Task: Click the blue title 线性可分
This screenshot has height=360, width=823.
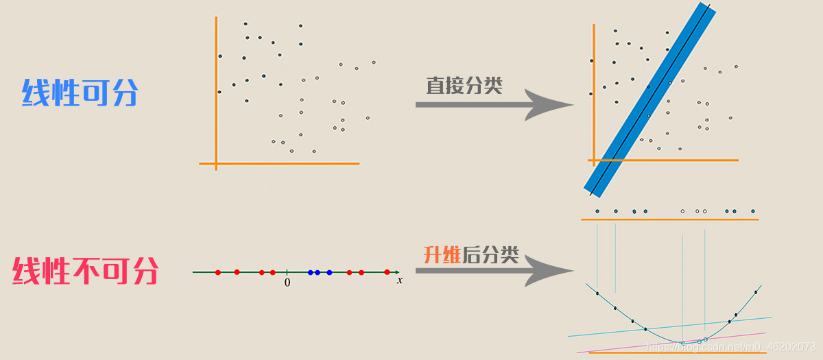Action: click(x=80, y=93)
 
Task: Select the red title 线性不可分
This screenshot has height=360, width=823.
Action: click(x=85, y=272)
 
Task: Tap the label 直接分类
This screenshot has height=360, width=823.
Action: click(x=464, y=86)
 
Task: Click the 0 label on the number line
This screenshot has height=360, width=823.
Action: click(x=287, y=283)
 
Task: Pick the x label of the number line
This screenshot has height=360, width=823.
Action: click(x=399, y=280)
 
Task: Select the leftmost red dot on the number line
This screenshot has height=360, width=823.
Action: click(x=218, y=272)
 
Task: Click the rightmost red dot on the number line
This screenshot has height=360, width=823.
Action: click(x=387, y=272)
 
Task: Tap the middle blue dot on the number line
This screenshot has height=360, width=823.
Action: click(x=318, y=272)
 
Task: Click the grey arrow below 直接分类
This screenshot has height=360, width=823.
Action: click(x=494, y=105)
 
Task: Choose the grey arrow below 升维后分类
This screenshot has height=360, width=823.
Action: click(x=494, y=272)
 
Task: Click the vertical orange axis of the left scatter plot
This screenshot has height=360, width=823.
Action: click(x=216, y=89)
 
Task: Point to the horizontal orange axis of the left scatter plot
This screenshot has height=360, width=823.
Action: click(x=279, y=164)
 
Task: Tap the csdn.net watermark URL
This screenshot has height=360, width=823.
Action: click(x=731, y=347)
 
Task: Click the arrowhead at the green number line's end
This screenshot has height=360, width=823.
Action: click(x=397, y=272)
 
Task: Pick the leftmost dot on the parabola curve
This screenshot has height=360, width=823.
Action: click(x=597, y=293)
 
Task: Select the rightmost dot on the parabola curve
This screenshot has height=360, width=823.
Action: click(x=756, y=292)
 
